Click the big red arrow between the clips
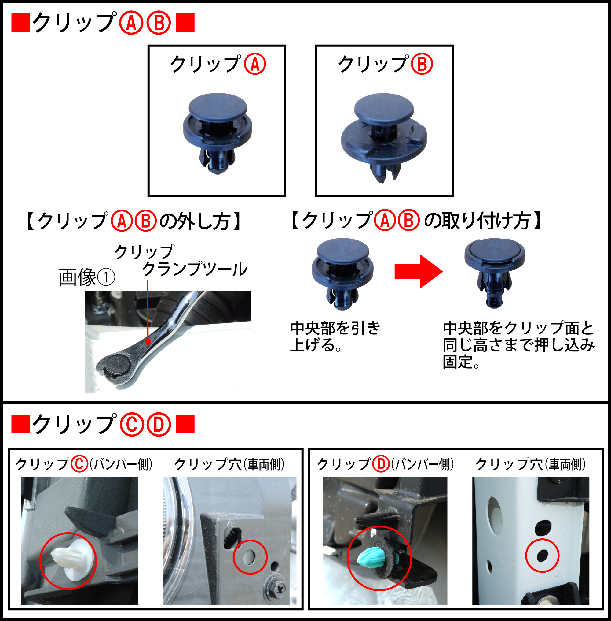(419, 271)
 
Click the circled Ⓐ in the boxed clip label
(255, 64)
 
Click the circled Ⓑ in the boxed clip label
(422, 64)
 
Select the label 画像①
(87, 277)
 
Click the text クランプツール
(195, 269)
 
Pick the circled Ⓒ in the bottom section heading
(132, 425)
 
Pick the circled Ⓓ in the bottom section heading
(159, 425)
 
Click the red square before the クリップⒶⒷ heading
(20, 23)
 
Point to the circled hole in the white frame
(542, 556)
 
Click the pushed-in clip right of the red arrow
(495, 273)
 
